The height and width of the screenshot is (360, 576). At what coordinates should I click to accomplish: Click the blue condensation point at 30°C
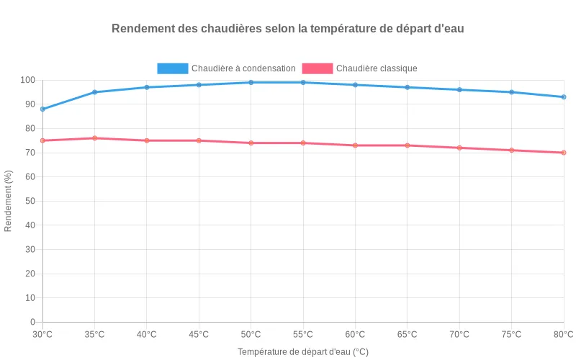pyautogui.click(x=42, y=109)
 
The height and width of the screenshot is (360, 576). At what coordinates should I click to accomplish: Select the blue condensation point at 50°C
pyautogui.click(x=251, y=83)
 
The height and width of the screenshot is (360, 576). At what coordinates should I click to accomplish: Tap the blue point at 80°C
pyautogui.click(x=564, y=97)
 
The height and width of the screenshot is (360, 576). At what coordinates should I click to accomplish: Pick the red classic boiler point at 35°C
pyautogui.click(x=94, y=138)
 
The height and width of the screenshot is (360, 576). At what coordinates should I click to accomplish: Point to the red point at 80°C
pyautogui.click(x=564, y=153)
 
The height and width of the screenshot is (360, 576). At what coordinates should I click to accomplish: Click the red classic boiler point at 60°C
pyautogui.click(x=355, y=145)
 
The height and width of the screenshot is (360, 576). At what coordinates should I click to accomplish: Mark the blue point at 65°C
pyautogui.click(x=408, y=87)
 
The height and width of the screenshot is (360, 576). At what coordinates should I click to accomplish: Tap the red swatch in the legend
pyautogui.click(x=318, y=68)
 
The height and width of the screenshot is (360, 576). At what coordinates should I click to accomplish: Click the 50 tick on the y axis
pyautogui.click(x=30, y=201)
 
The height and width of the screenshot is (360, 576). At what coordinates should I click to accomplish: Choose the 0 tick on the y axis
pyautogui.click(x=32, y=322)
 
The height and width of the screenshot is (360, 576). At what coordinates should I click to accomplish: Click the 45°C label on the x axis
pyautogui.click(x=199, y=334)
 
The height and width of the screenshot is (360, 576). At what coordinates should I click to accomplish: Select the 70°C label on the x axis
pyautogui.click(x=459, y=334)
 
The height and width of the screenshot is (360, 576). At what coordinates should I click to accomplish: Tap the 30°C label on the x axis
pyautogui.click(x=42, y=334)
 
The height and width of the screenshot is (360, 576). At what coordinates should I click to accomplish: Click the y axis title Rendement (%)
pyautogui.click(x=9, y=201)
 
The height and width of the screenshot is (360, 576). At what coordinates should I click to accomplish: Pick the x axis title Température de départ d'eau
pyautogui.click(x=302, y=352)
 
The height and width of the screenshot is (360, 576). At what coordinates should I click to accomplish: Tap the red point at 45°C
pyautogui.click(x=199, y=140)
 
